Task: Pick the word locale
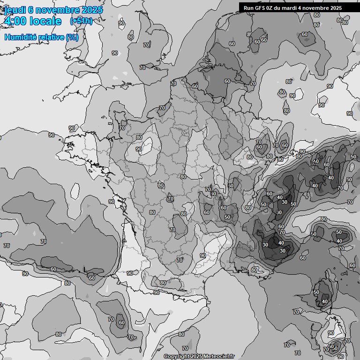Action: tap(46, 21)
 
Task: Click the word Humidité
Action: tap(19, 37)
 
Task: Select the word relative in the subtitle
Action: tap(49, 37)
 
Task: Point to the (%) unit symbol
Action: tap(72, 37)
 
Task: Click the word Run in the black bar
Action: tap(249, 7)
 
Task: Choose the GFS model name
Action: tap(261, 7)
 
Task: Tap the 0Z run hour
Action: tap(272, 7)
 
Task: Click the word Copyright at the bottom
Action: tap(176, 357)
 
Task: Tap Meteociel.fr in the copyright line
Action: tap(218, 357)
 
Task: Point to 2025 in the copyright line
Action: tap(196, 357)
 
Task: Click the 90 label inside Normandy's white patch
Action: tap(139, 149)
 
